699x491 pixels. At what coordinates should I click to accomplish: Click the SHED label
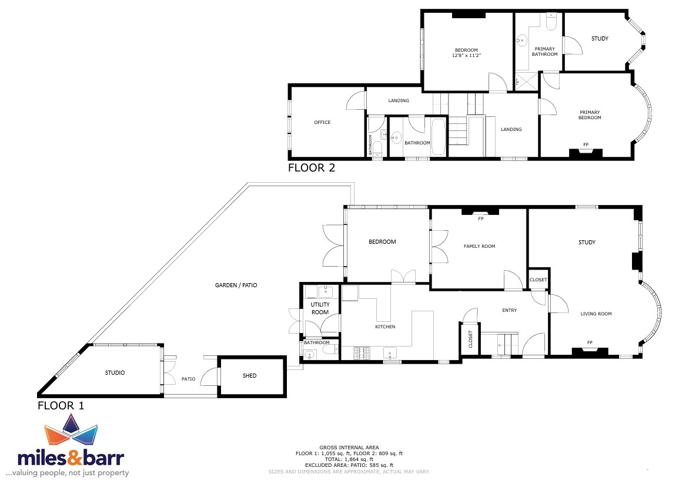(249, 376)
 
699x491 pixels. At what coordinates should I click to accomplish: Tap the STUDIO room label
(115, 372)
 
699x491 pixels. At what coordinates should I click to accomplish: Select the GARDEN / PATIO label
(236, 285)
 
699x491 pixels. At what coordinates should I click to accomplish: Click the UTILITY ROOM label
(320, 308)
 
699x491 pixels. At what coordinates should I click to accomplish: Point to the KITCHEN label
(385, 327)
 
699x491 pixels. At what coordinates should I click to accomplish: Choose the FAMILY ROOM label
(479, 246)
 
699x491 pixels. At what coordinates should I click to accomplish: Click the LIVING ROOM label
(596, 314)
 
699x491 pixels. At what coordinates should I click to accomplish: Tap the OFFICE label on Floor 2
(322, 122)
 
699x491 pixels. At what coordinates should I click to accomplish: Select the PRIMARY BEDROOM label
(590, 115)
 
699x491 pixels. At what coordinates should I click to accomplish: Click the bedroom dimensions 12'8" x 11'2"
(466, 56)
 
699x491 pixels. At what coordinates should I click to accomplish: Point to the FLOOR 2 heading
(311, 168)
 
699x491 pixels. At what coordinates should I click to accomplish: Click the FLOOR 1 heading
(61, 406)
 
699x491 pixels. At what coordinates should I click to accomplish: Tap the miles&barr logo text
(71, 458)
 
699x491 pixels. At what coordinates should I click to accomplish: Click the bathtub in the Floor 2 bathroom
(438, 137)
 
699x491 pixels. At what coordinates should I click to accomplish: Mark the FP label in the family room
(480, 218)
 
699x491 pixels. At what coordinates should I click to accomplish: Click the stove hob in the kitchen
(362, 354)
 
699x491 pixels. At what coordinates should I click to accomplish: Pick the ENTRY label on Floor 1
(510, 310)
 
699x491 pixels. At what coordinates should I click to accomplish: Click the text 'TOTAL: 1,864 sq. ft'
(349, 459)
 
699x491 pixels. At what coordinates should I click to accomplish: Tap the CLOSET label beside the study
(538, 280)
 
